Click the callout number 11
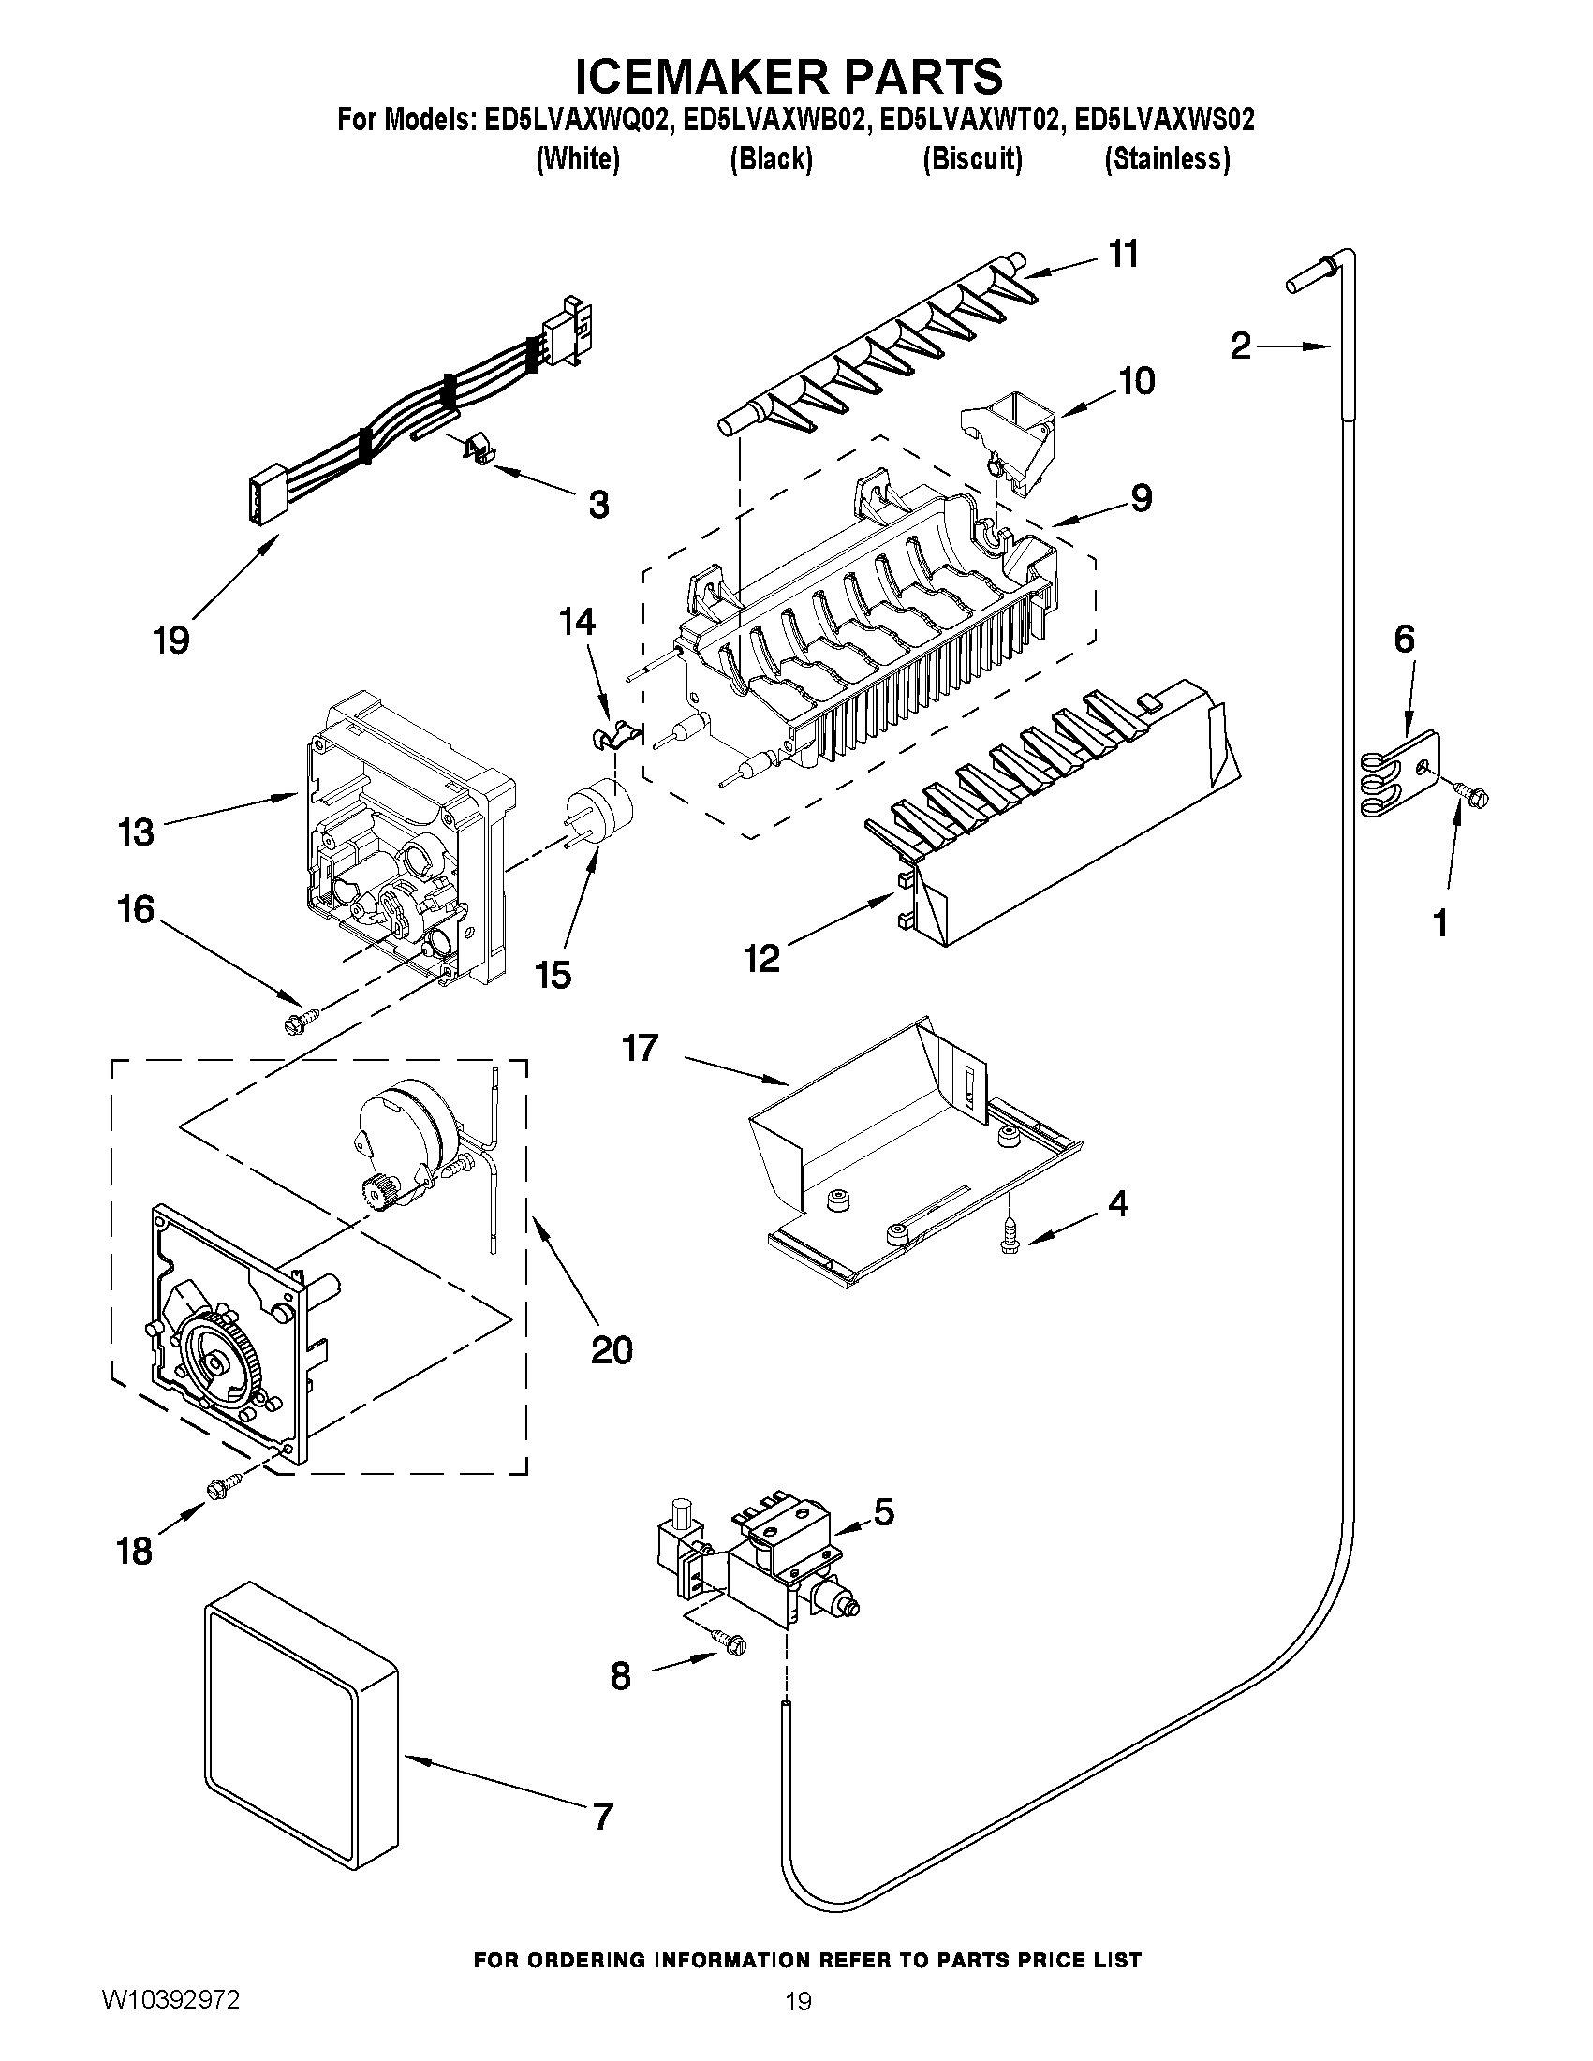(x=1123, y=254)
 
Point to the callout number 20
(x=612, y=1350)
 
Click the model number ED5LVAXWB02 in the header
(x=772, y=121)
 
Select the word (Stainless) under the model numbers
(x=1168, y=159)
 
